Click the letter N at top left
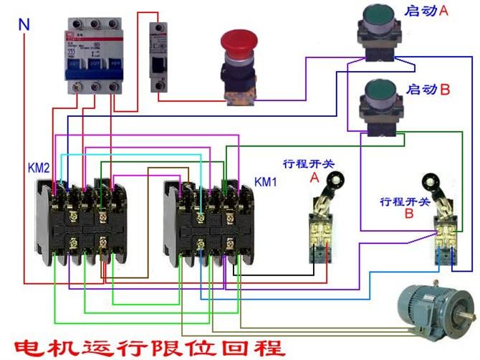point(24,24)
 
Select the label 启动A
point(427,12)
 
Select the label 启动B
point(427,90)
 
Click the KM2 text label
point(20,168)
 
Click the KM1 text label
point(266,181)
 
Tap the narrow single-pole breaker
point(159,57)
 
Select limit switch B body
point(445,240)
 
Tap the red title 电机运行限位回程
point(143,348)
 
